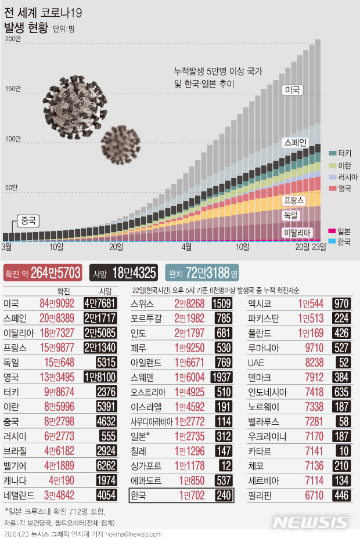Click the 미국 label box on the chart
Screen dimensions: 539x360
[x=292, y=90]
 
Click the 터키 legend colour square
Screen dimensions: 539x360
[x=333, y=153]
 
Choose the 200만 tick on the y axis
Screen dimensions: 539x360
[x=13, y=39]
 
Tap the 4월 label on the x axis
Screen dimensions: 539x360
[x=186, y=247]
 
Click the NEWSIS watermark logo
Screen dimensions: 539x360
[x=311, y=522]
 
